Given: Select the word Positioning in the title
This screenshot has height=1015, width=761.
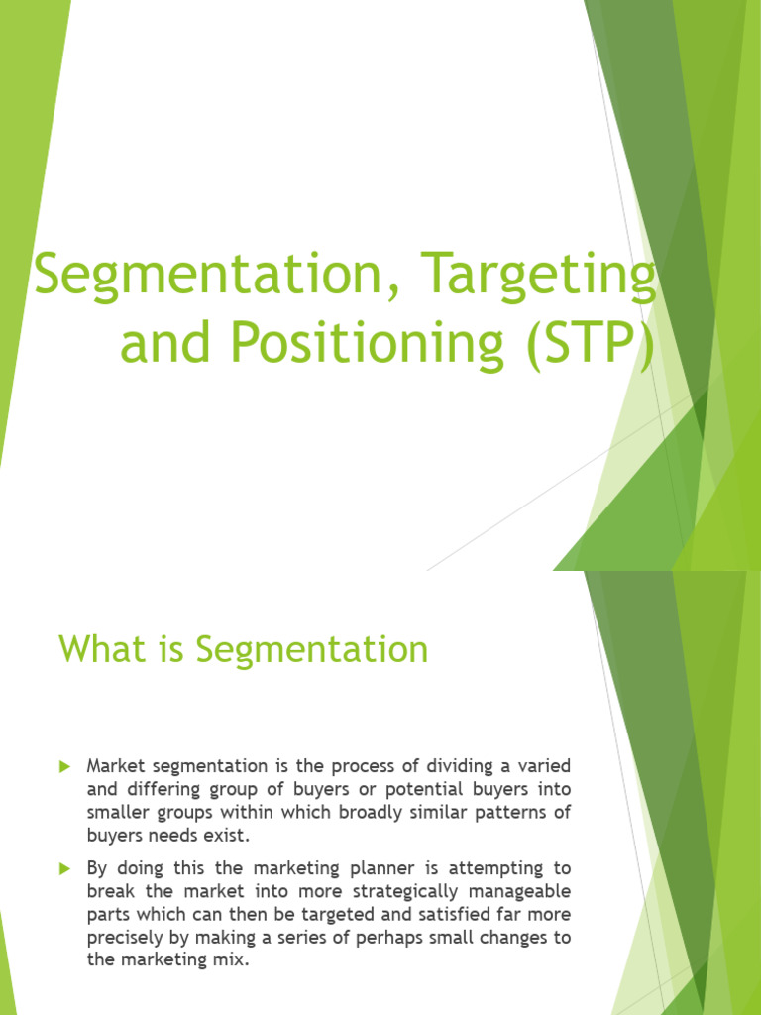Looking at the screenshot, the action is (x=367, y=343).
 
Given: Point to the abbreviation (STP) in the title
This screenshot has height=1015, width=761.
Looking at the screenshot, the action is (x=591, y=344).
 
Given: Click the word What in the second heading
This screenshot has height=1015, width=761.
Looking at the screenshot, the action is (x=103, y=648).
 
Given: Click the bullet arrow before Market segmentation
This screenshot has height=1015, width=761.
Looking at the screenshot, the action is (x=64, y=766).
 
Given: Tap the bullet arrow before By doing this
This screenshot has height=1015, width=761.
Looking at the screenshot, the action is (x=64, y=868).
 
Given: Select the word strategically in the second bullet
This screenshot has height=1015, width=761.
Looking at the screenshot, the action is (x=406, y=892).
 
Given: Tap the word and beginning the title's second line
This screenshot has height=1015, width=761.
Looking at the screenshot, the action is (x=165, y=343).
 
